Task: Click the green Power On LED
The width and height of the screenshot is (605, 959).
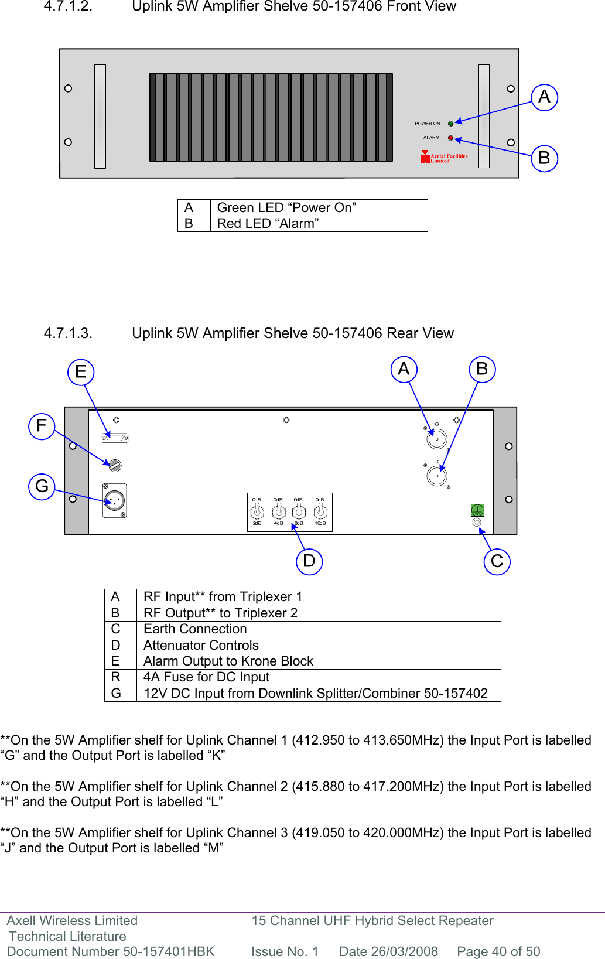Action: coord(450,124)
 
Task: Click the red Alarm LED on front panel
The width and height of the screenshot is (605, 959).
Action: coord(450,138)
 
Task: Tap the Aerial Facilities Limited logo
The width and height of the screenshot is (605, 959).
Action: coord(444,157)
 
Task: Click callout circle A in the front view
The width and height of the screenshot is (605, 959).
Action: coord(544,97)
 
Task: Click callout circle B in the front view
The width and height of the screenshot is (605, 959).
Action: coord(544,158)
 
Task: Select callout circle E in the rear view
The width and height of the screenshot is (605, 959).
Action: coord(81,371)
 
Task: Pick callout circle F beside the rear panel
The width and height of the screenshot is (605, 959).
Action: coord(42,425)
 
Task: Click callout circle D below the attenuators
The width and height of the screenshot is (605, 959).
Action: coord(309,561)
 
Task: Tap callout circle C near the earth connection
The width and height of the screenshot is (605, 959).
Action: coord(497,561)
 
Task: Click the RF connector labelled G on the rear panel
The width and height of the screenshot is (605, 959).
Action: coord(437,439)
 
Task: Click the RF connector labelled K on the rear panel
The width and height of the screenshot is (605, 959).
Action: coord(437,476)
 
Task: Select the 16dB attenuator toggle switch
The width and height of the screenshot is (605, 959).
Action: coord(320,511)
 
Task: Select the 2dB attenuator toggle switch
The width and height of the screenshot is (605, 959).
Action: coord(257,511)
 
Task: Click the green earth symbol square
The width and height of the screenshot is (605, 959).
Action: coord(477,510)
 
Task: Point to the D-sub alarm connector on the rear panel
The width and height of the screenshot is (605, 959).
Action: coord(115,437)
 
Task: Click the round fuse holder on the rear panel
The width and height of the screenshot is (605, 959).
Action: coord(115,465)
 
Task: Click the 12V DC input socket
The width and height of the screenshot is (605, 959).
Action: coord(115,501)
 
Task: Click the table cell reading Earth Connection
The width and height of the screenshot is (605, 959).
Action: coord(196,629)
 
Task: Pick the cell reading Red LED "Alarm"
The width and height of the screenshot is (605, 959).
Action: coord(268,224)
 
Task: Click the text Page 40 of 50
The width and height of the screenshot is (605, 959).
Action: coord(498,951)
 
